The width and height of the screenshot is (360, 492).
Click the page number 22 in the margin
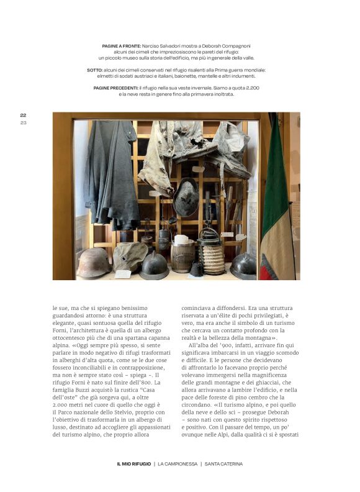[x=23, y=115]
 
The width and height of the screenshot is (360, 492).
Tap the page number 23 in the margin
[x=23, y=122]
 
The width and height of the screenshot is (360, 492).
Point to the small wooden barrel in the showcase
[x=182, y=255]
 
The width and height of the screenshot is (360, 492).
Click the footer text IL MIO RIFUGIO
[x=133, y=464]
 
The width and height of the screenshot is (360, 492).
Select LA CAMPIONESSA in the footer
[x=177, y=464]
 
